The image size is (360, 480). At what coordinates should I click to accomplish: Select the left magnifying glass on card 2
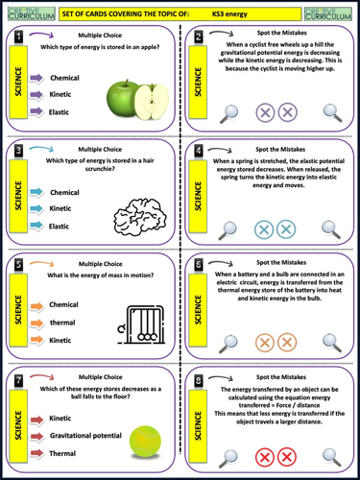(229, 113)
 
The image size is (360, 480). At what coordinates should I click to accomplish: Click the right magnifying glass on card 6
(331, 341)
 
